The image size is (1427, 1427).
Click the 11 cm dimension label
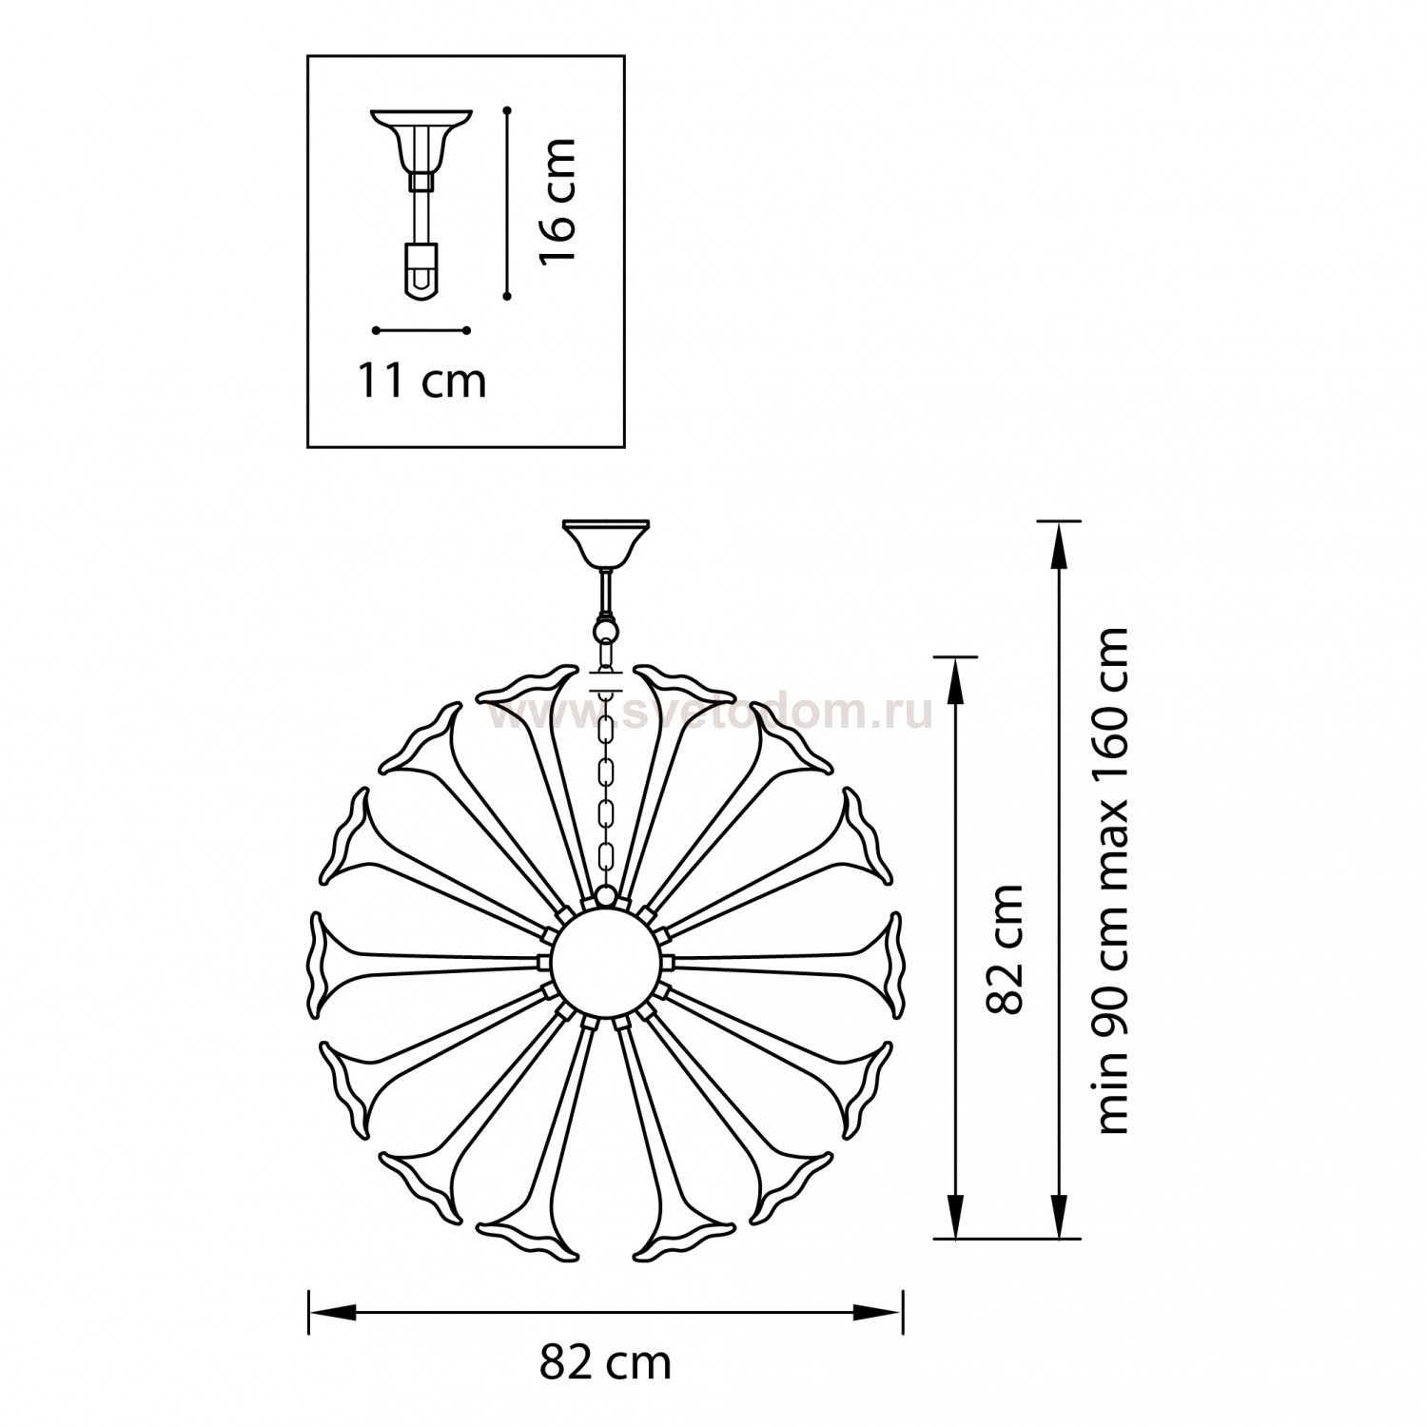[x=421, y=381]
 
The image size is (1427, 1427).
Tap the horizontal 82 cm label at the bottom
[x=605, y=1362]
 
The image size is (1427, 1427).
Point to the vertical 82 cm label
[x=1006, y=949]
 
